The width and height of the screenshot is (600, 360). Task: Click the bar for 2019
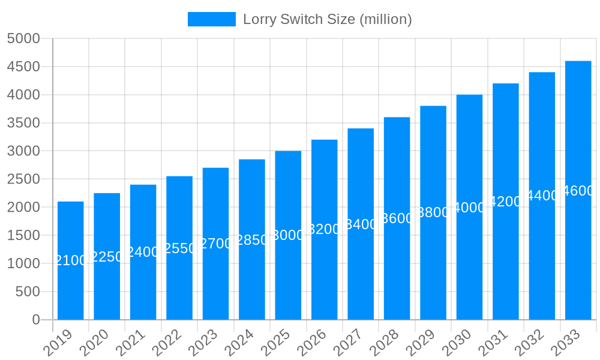pyautogui.click(x=71, y=261)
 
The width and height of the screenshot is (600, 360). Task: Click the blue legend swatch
pyautogui.click(x=211, y=19)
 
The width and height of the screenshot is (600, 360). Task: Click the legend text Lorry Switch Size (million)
pyautogui.click(x=327, y=19)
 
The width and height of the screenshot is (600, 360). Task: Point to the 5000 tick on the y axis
pyautogui.click(x=23, y=38)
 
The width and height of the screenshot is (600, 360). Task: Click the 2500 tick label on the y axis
pyautogui.click(x=23, y=179)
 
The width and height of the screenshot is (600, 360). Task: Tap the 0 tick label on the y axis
pyautogui.click(x=36, y=320)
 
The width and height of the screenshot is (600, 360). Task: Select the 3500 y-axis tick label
pyautogui.click(x=23, y=123)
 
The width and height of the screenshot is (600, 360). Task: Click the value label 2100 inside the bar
pyautogui.click(x=71, y=260)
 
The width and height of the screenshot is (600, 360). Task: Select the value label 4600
pyautogui.click(x=578, y=191)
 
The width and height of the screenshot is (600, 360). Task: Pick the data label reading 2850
pyautogui.click(x=252, y=240)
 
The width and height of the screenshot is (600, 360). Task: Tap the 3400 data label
pyautogui.click(x=361, y=224)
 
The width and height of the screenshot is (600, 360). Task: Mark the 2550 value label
pyautogui.click(x=179, y=248)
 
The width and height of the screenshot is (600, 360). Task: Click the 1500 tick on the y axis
pyautogui.click(x=23, y=235)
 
